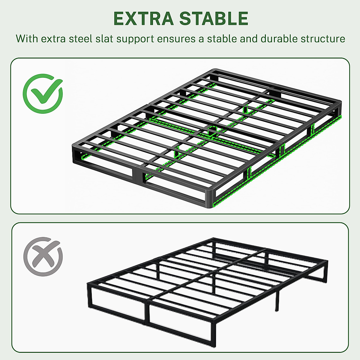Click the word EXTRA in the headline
[x=143, y=18]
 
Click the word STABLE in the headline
[x=214, y=18]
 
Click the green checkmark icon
[x=43, y=93]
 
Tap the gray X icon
[x=43, y=256]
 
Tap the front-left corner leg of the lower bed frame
[x=89, y=295]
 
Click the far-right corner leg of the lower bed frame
[x=325, y=271]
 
